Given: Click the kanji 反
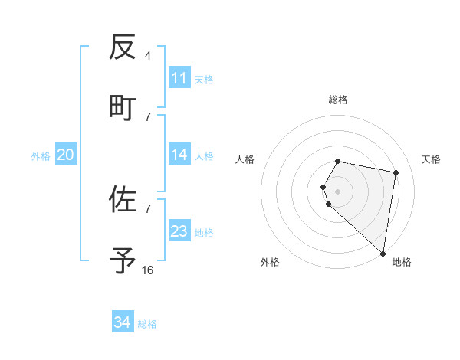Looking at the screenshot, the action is pyautogui.click(x=123, y=47).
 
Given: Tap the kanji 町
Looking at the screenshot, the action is pyautogui.click(x=123, y=106).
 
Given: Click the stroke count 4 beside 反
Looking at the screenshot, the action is pyautogui.click(x=147, y=55).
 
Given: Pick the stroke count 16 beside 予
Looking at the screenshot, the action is pyautogui.click(x=147, y=270).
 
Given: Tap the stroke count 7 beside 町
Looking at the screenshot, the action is pyautogui.click(x=147, y=116).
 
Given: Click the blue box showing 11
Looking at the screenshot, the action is pyautogui.click(x=179, y=78).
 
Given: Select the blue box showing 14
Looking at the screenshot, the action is pyautogui.click(x=179, y=155).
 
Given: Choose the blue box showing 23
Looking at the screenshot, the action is pyautogui.click(x=179, y=231).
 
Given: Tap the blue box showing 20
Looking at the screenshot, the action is pyautogui.click(x=65, y=155).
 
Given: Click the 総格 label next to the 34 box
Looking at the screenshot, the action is pyautogui.click(x=147, y=324).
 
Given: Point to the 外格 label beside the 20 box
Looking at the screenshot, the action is pyautogui.click(x=41, y=156).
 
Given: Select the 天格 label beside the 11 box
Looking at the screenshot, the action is pyautogui.click(x=204, y=79).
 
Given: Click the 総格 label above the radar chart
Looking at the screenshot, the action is pyautogui.click(x=338, y=100).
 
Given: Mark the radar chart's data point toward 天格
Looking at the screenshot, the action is pyautogui.click(x=396, y=173).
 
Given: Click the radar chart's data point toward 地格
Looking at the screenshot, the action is pyautogui.click(x=383, y=253).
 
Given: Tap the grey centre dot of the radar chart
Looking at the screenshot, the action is pyautogui.click(x=338, y=191).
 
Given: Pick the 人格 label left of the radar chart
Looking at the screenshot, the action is pyautogui.click(x=245, y=159).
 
